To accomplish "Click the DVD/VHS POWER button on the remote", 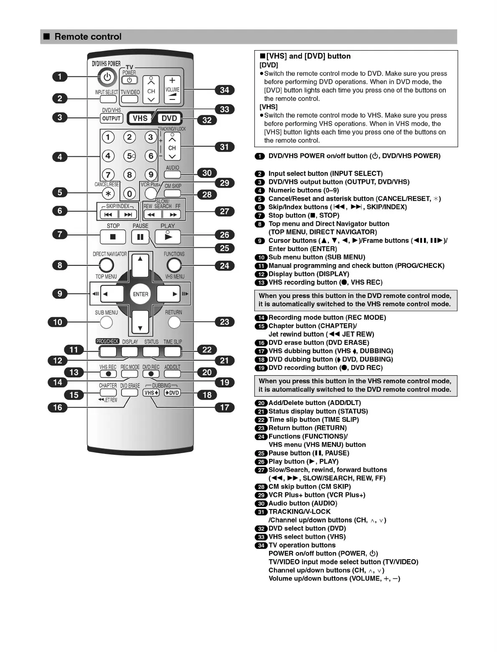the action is click(107, 77).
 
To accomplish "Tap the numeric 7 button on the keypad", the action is click(108, 174).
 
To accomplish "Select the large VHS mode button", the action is click(140, 118).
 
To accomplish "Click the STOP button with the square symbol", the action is click(112, 237).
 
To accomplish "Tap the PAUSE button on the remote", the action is click(140, 237).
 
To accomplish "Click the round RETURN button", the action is click(174, 322).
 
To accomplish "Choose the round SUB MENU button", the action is click(106, 322).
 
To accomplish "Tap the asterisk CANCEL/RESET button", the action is click(108, 194).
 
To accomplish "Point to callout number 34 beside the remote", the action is click(225, 90).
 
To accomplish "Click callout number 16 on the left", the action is click(58, 407).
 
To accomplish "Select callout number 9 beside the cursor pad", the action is click(60, 294).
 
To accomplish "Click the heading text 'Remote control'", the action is click(88, 37).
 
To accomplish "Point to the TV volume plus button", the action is click(172, 81).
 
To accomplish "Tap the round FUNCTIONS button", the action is click(174, 265).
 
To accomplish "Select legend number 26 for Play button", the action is click(261, 462).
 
